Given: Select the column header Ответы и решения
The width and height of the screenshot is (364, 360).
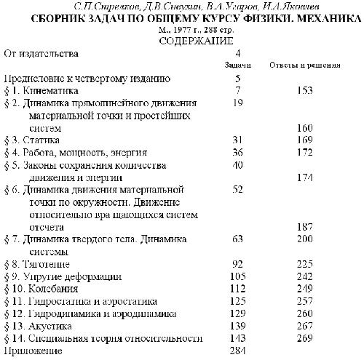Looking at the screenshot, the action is [305, 65].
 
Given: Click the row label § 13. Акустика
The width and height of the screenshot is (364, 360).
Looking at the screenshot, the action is [40, 326].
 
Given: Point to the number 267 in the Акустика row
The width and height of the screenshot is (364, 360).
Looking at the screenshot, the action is [305, 326].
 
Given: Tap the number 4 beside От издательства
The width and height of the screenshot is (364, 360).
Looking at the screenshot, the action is [238, 54].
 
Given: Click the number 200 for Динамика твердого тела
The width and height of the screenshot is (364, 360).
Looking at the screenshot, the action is [305, 239].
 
